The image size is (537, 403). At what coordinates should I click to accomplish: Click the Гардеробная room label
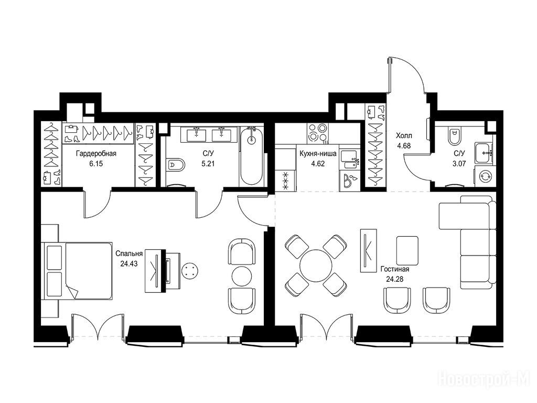point(96,154)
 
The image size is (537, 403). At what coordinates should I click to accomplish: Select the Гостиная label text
point(395,269)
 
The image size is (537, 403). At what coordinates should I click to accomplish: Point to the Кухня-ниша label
point(317,154)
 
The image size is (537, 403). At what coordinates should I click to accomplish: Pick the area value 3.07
point(459,164)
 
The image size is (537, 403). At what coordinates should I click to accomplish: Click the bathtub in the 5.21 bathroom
point(252,156)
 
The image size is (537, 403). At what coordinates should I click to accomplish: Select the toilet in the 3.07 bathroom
point(454,137)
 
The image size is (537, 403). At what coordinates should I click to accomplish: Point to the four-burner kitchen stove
point(317,133)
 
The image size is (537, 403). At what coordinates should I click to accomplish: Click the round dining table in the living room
point(316,266)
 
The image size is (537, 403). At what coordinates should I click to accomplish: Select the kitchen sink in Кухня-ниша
point(350,160)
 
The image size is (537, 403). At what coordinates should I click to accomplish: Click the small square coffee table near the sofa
point(407,250)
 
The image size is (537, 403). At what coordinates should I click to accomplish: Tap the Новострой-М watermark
point(487,379)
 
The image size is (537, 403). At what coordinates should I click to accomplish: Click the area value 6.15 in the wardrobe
point(96,164)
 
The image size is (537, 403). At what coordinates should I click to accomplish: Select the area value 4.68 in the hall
point(404,145)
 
